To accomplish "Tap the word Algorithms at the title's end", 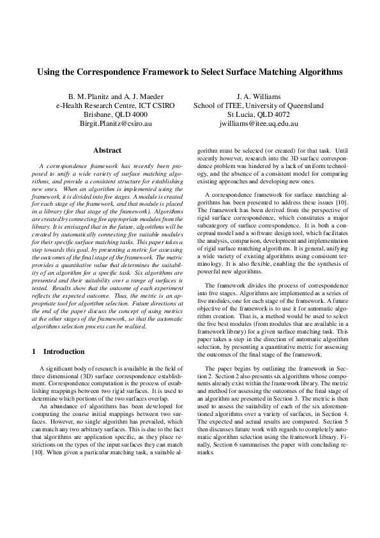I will (317, 72).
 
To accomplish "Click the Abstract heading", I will (107, 151).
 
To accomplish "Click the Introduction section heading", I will (63, 351).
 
